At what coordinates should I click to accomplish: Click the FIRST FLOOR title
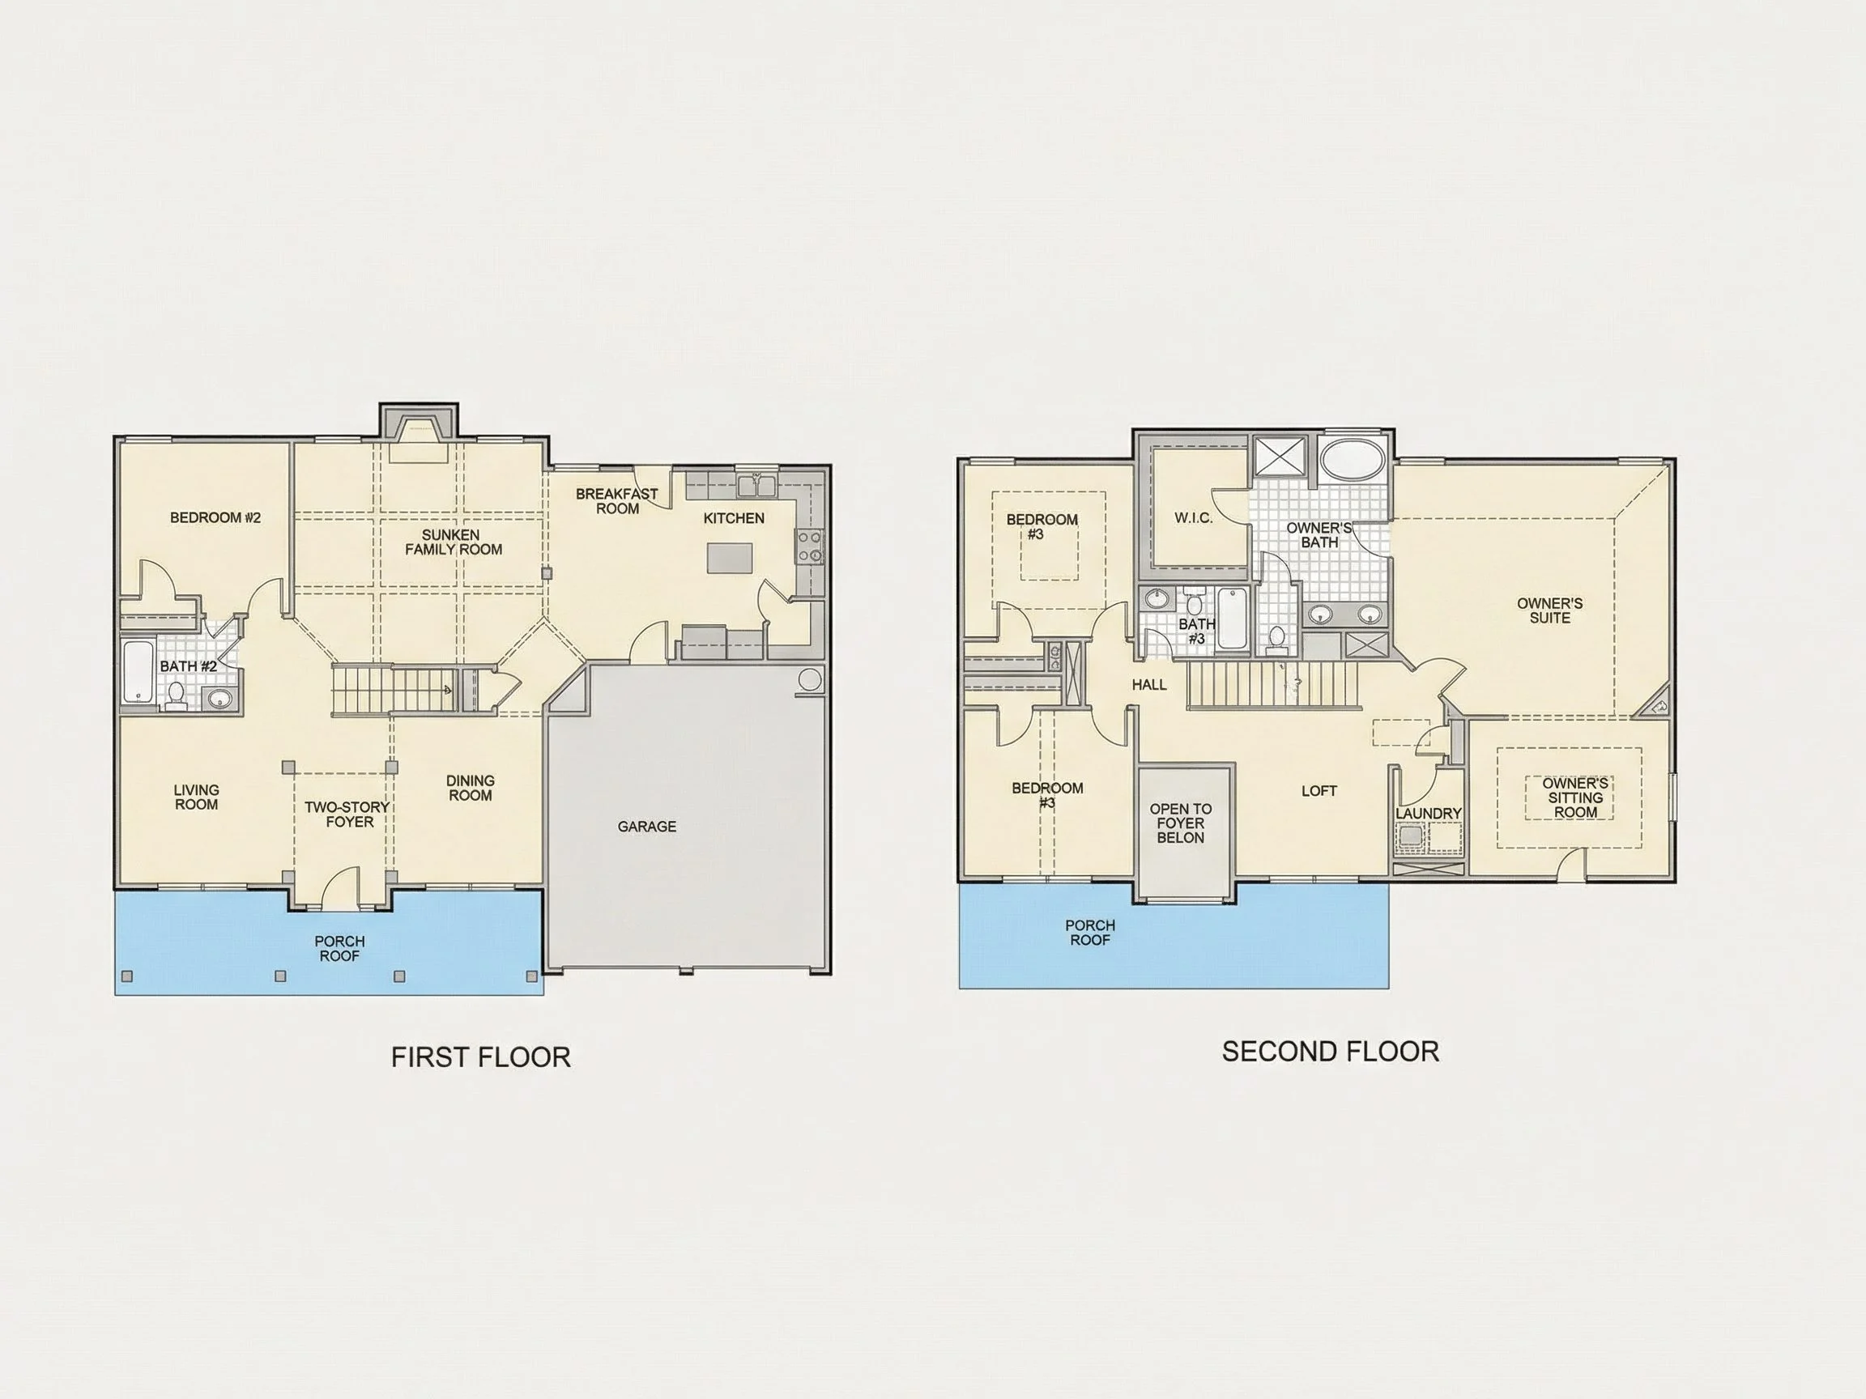pos(481,1057)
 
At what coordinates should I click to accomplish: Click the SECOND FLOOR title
pos(1331,1052)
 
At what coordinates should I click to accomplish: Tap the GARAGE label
pos(647,827)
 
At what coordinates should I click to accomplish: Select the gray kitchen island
pos(730,557)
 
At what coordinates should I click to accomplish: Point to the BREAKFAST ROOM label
pos(616,501)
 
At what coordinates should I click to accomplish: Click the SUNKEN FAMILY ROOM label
pos(454,542)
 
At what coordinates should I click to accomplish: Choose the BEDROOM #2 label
pos(216,518)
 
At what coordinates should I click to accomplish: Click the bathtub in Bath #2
pos(138,673)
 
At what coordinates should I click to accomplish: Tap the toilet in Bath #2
pos(177,695)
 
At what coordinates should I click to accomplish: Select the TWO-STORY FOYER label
pos(347,814)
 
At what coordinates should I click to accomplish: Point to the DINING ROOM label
pos(471,788)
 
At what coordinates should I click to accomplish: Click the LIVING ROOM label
pos(197,797)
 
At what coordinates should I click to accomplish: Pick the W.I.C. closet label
pos(1194,518)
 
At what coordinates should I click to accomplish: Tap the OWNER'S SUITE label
pos(1549,610)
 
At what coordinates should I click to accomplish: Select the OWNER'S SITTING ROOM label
pos(1575,797)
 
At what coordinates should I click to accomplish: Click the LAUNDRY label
pos(1428,813)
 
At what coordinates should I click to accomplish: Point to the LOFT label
pos(1319,791)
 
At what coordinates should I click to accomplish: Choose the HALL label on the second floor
pos(1149,685)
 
